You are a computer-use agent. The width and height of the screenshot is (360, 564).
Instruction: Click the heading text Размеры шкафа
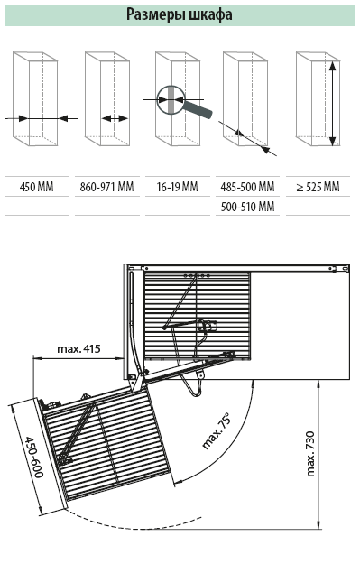click(180, 15)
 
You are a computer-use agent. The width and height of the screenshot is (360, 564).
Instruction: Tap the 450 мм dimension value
click(37, 187)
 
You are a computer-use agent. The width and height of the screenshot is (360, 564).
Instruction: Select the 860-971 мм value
click(106, 187)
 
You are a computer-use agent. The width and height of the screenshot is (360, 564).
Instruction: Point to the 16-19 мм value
click(178, 187)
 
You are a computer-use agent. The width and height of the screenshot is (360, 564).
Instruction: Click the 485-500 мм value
click(247, 187)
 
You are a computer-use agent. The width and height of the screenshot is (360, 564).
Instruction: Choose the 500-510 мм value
click(247, 207)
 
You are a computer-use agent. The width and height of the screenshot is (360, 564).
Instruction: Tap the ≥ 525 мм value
click(318, 187)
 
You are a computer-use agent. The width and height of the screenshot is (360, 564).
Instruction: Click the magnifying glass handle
click(198, 109)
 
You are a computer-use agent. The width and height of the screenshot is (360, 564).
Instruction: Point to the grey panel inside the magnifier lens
click(171, 99)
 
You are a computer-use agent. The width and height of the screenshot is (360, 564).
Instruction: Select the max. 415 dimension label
click(78, 348)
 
